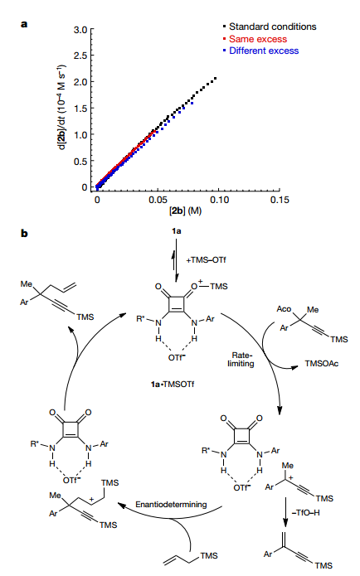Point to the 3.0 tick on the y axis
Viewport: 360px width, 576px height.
click(80, 30)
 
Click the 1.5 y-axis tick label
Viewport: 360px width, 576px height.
click(80, 109)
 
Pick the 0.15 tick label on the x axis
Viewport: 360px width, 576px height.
click(279, 200)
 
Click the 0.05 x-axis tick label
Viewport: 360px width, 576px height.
click(158, 200)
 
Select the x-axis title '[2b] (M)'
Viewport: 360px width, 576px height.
click(185, 211)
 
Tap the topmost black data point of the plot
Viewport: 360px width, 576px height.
click(215, 78)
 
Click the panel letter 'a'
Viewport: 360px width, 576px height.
click(24, 25)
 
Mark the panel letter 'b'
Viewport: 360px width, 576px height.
click(24, 233)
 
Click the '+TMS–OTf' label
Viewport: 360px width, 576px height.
click(206, 260)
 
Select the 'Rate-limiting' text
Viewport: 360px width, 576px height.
click(241, 359)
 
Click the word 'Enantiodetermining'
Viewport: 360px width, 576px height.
click(171, 505)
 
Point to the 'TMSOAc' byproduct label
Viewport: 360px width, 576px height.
click(321, 364)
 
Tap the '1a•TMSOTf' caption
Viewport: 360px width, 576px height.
click(172, 385)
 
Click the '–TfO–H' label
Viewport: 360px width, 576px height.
click(305, 512)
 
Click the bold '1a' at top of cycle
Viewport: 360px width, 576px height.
click(176, 231)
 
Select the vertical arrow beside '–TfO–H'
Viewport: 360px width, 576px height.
click(285, 512)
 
